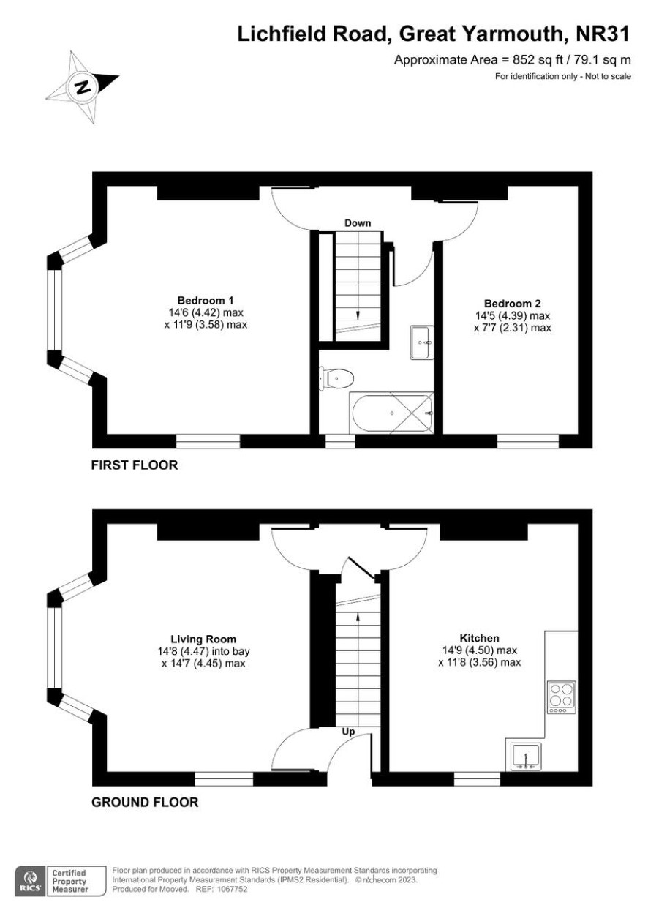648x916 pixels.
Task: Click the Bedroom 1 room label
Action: (x=206, y=300)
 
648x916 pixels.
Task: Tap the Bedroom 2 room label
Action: (x=512, y=304)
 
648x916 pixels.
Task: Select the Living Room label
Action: (x=203, y=639)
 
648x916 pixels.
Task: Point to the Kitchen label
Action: (x=480, y=638)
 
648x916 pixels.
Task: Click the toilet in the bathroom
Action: (x=336, y=379)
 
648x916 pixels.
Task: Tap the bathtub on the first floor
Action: (x=391, y=413)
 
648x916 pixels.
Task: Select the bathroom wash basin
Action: (x=421, y=342)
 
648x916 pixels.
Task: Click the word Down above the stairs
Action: (x=358, y=223)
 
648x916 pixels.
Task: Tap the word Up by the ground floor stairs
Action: (x=348, y=732)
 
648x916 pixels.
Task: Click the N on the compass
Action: (x=84, y=87)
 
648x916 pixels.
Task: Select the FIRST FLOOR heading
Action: (x=135, y=465)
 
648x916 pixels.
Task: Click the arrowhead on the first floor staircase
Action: (x=358, y=315)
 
